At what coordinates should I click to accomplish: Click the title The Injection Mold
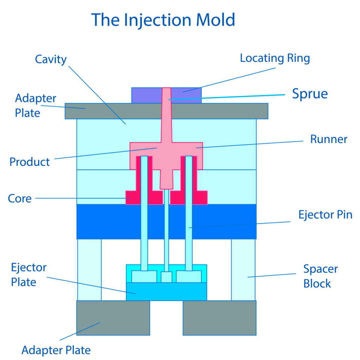[163, 20]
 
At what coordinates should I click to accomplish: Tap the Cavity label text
[51, 59]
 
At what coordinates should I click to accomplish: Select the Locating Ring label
[275, 58]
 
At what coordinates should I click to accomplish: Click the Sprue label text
[310, 94]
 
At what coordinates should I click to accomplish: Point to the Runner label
[329, 139]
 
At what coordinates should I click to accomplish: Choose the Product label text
[30, 162]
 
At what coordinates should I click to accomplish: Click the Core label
[20, 198]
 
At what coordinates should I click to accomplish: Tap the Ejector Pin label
[325, 215]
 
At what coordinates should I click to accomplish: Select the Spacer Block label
[321, 276]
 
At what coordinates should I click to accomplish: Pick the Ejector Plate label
[29, 275]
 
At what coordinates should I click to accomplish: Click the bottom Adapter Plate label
[56, 350]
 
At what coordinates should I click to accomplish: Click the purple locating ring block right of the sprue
[186, 96]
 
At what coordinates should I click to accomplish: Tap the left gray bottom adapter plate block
[113, 318]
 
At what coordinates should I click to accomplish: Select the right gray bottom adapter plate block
[219, 318]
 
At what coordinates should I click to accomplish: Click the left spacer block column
[89, 270]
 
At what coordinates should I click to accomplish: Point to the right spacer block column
[243, 270]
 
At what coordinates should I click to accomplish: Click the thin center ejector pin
[167, 231]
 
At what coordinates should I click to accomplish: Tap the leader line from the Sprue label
[227, 97]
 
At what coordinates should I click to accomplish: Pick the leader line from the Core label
[83, 198]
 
